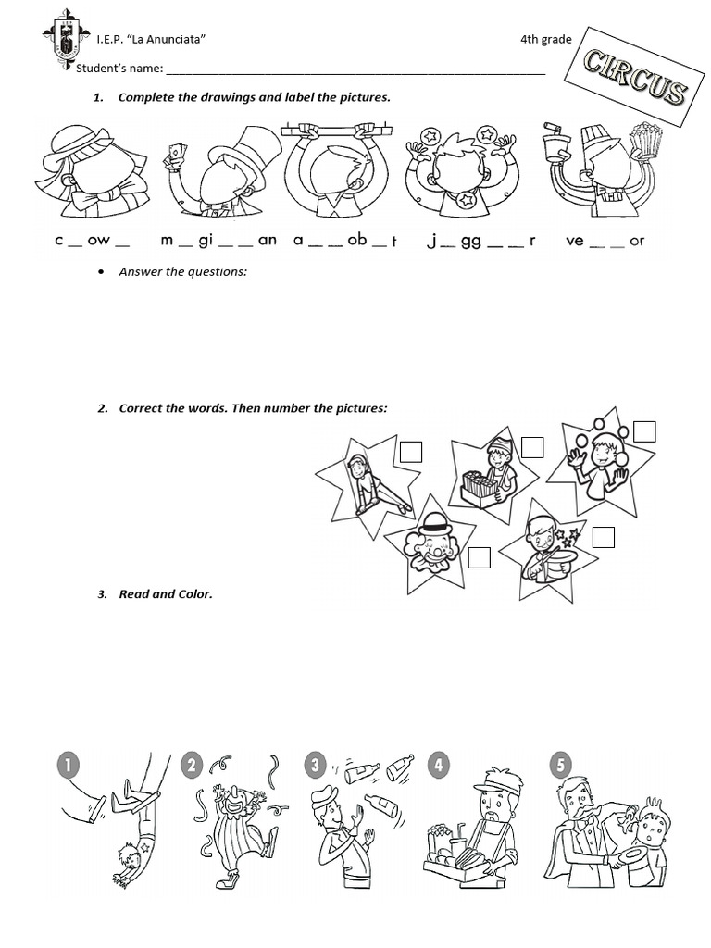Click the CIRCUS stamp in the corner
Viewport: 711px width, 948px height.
(x=638, y=79)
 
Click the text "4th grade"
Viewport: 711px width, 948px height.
(x=545, y=39)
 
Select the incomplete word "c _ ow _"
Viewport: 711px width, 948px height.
(x=92, y=241)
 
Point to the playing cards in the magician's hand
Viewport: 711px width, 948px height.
(x=175, y=155)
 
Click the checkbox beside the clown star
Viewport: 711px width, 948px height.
(x=479, y=557)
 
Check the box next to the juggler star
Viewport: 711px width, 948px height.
(x=644, y=431)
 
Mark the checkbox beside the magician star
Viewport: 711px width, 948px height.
(x=603, y=538)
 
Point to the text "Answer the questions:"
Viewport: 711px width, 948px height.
(x=182, y=271)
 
